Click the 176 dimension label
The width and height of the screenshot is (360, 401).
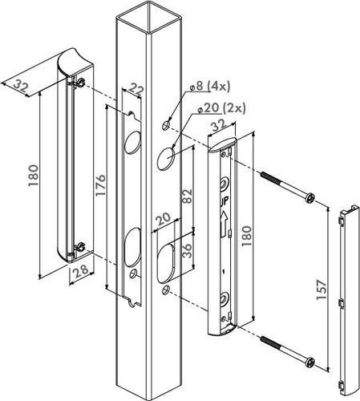101,185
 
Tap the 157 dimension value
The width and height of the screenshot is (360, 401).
322,290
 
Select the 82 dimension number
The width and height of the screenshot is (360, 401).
188,196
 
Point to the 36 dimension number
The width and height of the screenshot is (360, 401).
188,251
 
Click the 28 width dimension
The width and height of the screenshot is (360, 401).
81,270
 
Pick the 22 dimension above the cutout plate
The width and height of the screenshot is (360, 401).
136,90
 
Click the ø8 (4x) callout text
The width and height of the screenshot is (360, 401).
210,87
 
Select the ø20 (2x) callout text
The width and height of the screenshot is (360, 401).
221,108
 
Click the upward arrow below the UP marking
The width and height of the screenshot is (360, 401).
224,223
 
